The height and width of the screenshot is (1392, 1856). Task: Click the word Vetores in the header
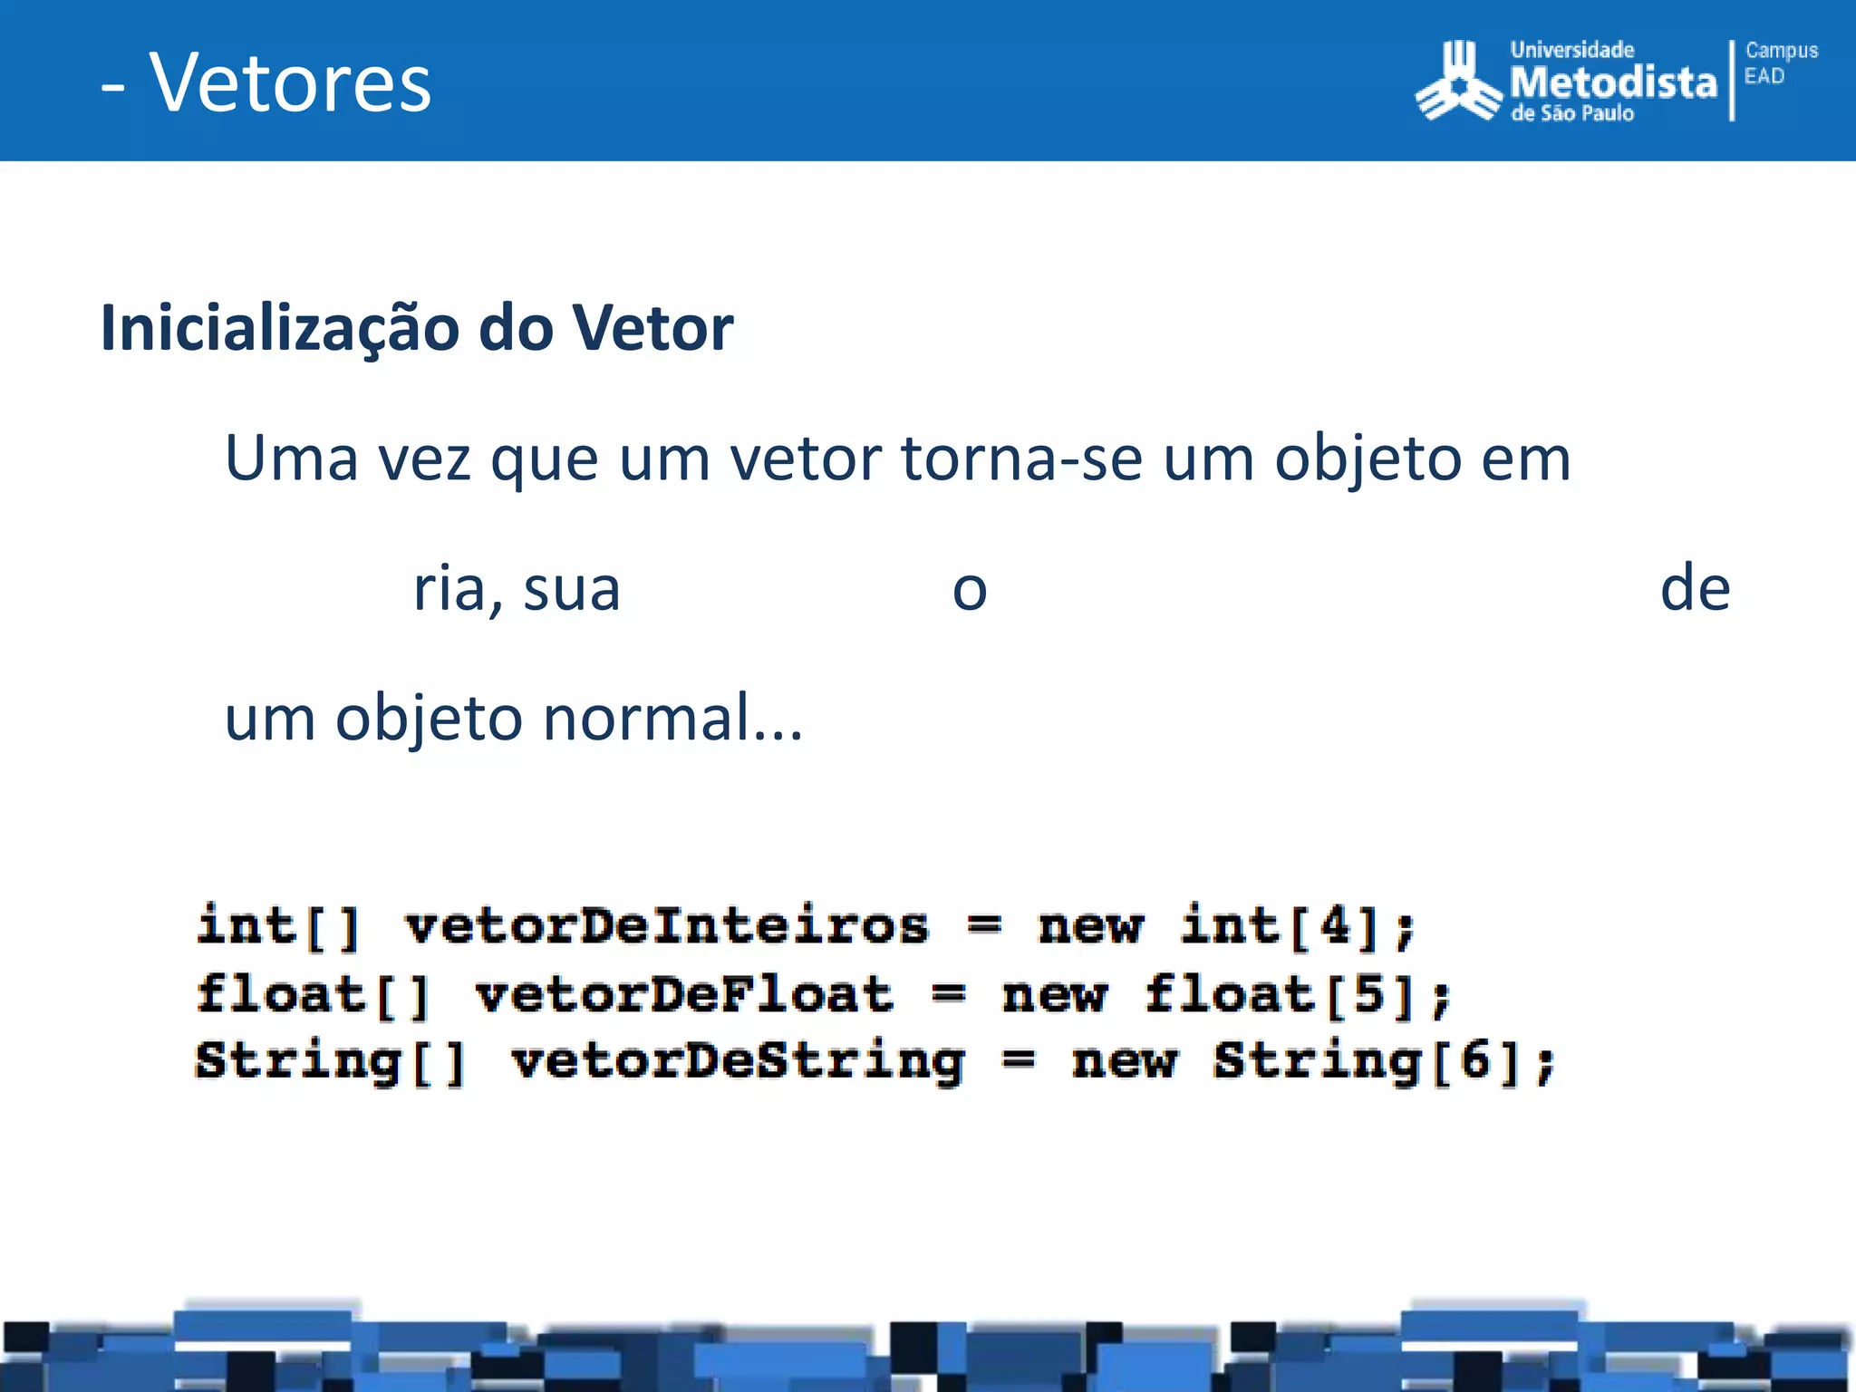click(x=290, y=83)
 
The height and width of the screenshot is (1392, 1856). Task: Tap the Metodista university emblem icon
click(x=1458, y=82)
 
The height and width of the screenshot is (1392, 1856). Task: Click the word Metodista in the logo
click(x=1613, y=82)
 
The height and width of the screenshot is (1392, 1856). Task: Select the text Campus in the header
click(x=1781, y=51)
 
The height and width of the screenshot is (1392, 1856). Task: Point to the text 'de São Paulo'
click(x=1572, y=113)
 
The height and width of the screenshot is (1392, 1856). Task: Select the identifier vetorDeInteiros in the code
click(x=667, y=927)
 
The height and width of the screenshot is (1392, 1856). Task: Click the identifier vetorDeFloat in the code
click(x=684, y=995)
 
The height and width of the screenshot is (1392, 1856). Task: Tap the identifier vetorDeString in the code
click(x=738, y=1061)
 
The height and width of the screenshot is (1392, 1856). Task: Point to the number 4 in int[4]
click(x=1335, y=927)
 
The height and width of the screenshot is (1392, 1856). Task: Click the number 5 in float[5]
click(x=1369, y=995)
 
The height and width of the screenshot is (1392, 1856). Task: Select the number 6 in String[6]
click(x=1476, y=1061)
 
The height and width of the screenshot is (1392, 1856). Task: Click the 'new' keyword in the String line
click(x=1125, y=1061)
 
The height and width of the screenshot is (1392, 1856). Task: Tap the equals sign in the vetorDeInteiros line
click(x=984, y=927)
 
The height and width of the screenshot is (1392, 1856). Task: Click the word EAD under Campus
click(x=1764, y=76)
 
